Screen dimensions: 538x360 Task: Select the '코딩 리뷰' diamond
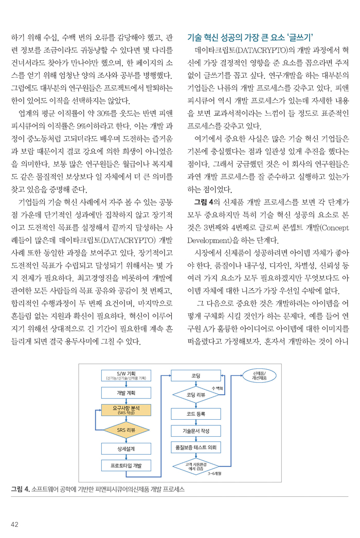[x=195, y=381]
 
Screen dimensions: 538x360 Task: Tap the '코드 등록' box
[x=195, y=399]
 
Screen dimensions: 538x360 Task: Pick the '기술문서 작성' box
[x=195, y=416]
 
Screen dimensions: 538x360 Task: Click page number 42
[x=15, y=524]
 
